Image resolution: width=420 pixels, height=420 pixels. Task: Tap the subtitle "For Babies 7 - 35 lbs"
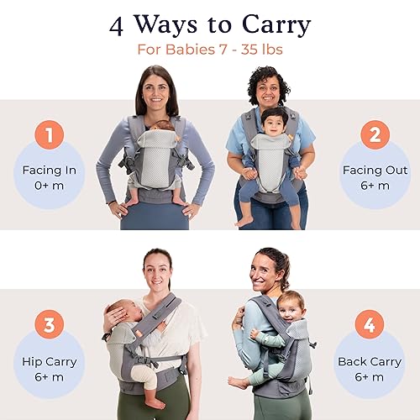point(209,49)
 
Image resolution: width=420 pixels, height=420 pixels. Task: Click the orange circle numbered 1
point(50,134)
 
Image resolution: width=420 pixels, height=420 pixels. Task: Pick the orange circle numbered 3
point(50,324)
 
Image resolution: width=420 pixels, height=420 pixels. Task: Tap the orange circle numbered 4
point(370,324)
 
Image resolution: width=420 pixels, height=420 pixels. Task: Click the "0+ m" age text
point(50,186)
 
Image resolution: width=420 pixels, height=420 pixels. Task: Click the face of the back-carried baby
point(291,307)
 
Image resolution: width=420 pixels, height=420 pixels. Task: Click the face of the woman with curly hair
point(267,89)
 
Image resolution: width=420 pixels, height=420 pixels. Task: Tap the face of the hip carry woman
point(157,270)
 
